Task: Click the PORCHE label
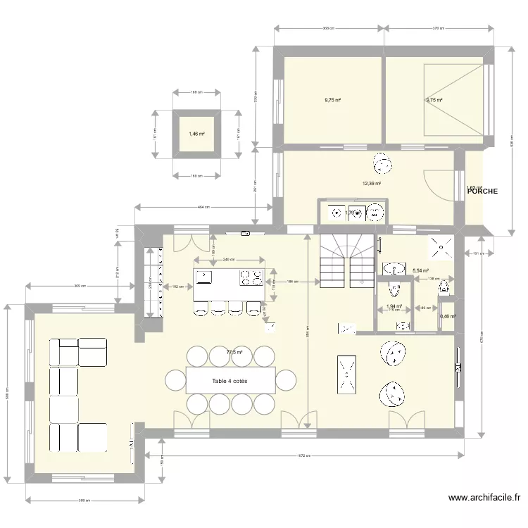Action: (483, 191)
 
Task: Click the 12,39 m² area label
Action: (372, 184)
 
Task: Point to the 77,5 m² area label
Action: (234, 353)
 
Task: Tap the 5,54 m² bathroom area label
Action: (421, 270)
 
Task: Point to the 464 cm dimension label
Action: (203, 207)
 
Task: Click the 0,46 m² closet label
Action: (448, 317)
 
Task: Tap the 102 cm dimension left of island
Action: (177, 287)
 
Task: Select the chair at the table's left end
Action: (175, 381)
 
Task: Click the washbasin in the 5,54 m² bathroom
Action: (392, 268)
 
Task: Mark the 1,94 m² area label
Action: (394, 306)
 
